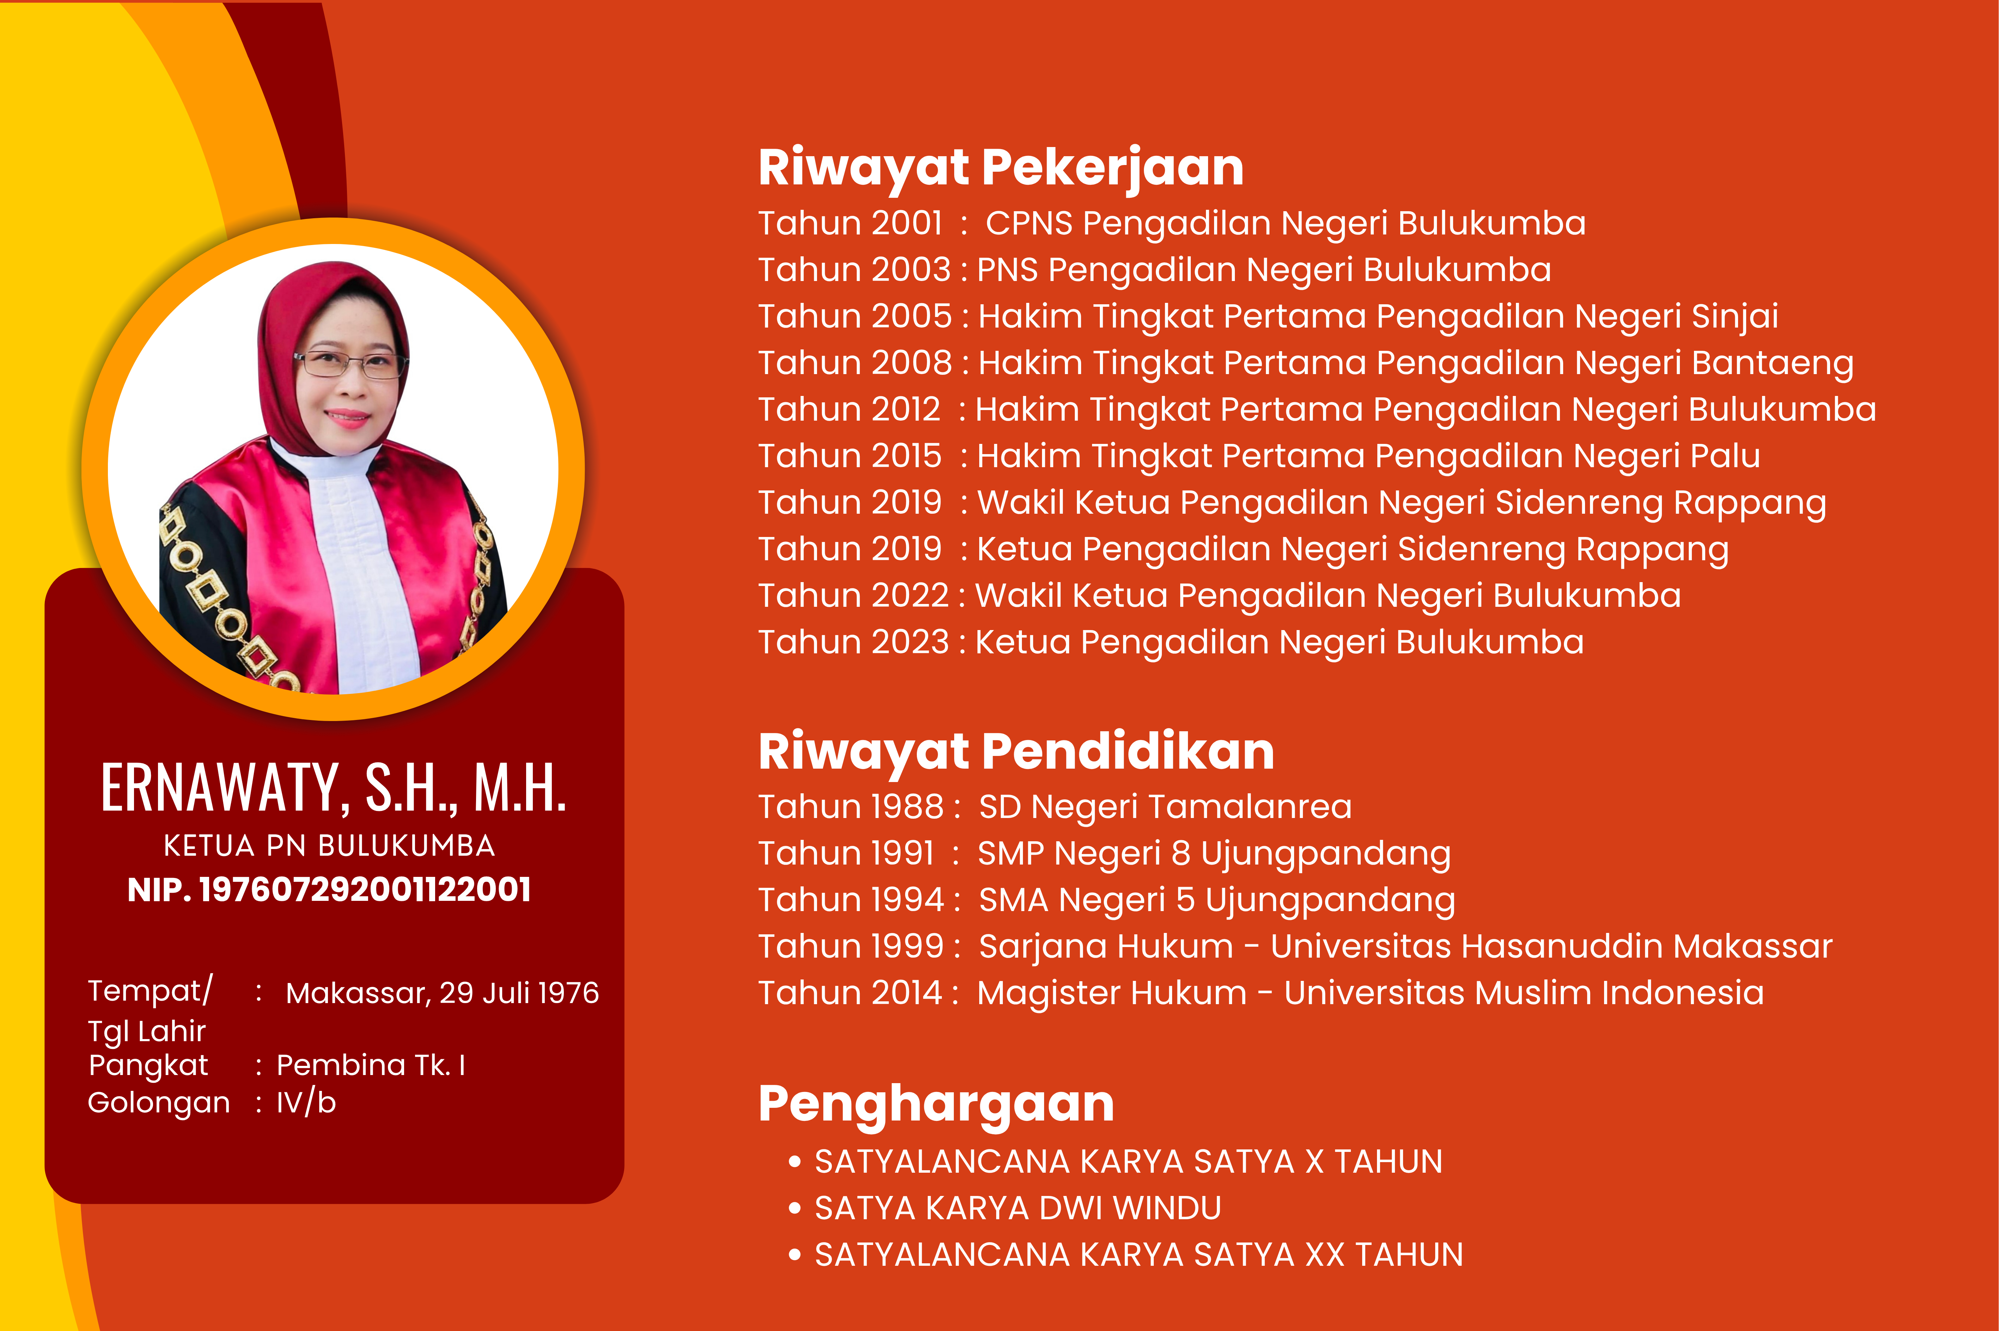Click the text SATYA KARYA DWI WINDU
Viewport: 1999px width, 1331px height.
pos(1018,1208)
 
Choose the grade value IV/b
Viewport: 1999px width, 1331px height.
pos(306,1103)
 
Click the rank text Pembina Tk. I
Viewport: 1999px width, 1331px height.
pos(371,1065)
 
